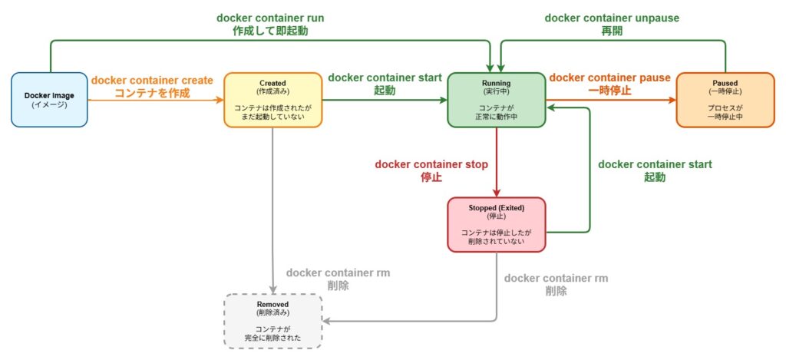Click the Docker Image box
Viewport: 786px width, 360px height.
coord(49,100)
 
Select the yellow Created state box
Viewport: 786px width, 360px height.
coord(272,100)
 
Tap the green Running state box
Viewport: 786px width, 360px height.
coord(497,100)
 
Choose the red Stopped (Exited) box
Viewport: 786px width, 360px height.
coord(497,224)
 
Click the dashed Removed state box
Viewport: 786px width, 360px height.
coord(272,321)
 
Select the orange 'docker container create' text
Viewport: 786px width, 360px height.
coord(152,80)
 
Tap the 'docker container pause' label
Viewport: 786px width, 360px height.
coord(609,78)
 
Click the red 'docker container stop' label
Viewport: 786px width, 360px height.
coord(431,163)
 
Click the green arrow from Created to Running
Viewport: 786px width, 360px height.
coord(385,101)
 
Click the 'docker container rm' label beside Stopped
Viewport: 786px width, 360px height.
coord(556,277)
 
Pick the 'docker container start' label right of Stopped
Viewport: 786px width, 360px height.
coord(655,164)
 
